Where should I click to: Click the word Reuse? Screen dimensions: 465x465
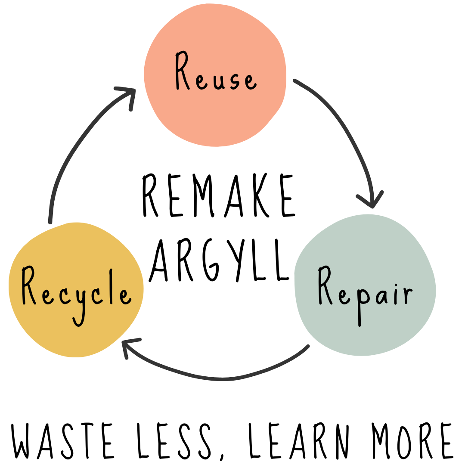pyautogui.click(x=215, y=73)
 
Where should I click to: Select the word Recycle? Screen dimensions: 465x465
pyautogui.click(x=76, y=293)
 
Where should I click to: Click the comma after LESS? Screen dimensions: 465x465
pyautogui.click(x=222, y=456)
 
